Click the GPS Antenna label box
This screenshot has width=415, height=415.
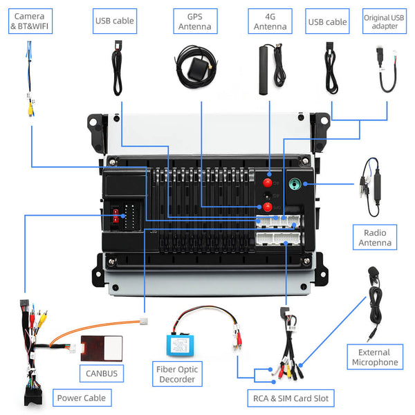click(195, 21)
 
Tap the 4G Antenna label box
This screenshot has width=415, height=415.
click(270, 21)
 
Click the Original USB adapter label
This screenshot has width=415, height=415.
click(385, 21)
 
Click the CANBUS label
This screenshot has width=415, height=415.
click(102, 374)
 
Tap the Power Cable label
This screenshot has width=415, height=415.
click(82, 398)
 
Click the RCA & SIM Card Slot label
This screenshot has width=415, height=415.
click(291, 398)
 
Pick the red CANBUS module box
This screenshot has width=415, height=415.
click(101, 347)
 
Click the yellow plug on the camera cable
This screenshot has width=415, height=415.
click(30, 107)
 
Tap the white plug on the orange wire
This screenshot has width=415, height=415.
click(145, 320)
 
